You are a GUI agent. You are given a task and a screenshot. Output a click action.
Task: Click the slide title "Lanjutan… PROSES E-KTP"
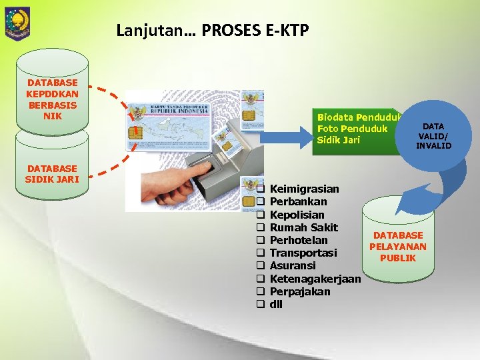pyautogui.click(x=212, y=30)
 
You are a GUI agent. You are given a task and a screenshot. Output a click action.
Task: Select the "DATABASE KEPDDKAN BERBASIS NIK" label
pyautogui.click(x=52, y=99)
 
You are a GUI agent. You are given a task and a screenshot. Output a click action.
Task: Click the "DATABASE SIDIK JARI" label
pyautogui.click(x=51, y=173)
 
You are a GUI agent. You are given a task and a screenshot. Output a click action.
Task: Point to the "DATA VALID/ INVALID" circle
pyautogui.click(x=434, y=136)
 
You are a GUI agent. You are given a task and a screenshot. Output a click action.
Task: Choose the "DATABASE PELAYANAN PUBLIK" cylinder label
pyautogui.click(x=398, y=247)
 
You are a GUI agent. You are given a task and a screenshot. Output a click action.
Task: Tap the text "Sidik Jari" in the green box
pyautogui.click(x=339, y=140)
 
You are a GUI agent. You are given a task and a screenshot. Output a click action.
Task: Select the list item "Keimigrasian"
pyautogui.click(x=304, y=189)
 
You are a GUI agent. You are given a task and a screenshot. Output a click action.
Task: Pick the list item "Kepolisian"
pyautogui.click(x=297, y=215)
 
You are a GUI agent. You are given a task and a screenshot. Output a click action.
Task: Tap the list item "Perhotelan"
pyautogui.click(x=299, y=240)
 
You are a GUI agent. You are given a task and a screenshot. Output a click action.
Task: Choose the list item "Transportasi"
pyautogui.click(x=303, y=253)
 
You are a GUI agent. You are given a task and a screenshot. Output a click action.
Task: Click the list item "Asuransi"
pyautogui.click(x=293, y=265)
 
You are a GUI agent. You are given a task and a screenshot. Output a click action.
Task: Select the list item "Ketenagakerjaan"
pyautogui.click(x=315, y=279)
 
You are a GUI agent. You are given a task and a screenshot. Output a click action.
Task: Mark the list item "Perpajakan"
pyautogui.click(x=300, y=291)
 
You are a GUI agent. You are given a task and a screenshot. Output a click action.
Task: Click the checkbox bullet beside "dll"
pyautogui.click(x=261, y=305)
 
